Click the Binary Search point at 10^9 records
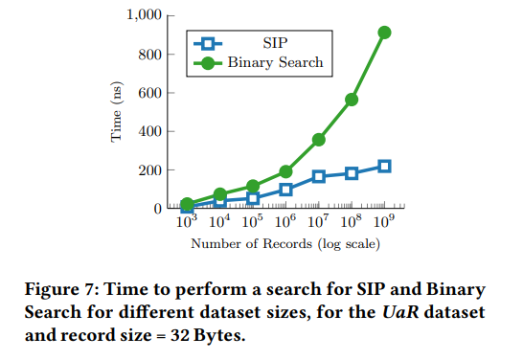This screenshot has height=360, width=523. [384, 33]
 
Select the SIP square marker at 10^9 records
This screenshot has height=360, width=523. [384, 166]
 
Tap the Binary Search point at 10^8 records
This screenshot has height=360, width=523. [352, 100]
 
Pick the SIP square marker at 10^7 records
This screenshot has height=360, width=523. [319, 176]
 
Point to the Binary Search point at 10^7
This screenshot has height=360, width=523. [319, 140]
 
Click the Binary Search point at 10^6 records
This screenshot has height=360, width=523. [285, 171]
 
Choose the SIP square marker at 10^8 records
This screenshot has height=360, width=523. [352, 173]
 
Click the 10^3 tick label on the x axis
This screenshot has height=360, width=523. [186, 221]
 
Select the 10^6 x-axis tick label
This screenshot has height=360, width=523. [285, 221]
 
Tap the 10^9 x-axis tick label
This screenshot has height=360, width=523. [384, 221]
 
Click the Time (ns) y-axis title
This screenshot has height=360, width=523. [116, 112]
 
